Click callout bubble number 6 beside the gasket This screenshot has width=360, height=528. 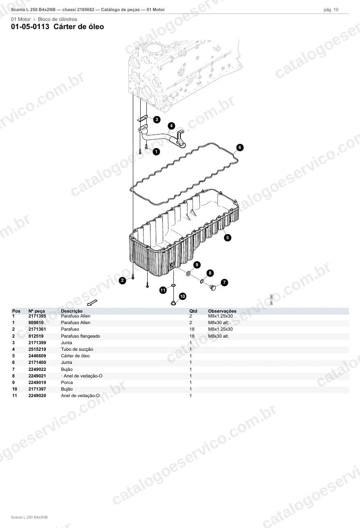pyautogui.click(x=240, y=147)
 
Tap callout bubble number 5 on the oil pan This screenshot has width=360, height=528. pyautogui.click(x=227, y=238)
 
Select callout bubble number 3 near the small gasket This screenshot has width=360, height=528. pyautogui.click(x=157, y=119)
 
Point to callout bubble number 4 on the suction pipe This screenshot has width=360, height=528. pyautogui.click(x=171, y=126)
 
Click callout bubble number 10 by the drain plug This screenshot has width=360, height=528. pyautogui.click(x=182, y=296)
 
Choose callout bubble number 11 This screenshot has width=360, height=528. pyautogui.click(x=163, y=290)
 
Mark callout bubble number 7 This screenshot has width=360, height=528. pyautogui.click(x=224, y=282)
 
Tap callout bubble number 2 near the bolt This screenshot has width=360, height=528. pyautogui.click(x=122, y=280)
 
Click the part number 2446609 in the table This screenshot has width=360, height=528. pyautogui.click(x=37, y=356)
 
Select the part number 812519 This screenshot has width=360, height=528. pyautogui.click(x=36, y=336)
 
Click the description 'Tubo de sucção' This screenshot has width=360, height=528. pyautogui.click(x=77, y=349)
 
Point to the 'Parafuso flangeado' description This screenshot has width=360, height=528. pyautogui.click(x=80, y=336)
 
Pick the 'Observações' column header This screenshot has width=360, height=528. pyautogui.click(x=222, y=311)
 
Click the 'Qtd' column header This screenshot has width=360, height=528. pyautogui.click(x=193, y=311)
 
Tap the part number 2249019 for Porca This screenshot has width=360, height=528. pyautogui.click(x=37, y=383)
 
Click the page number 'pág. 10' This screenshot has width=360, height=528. pyautogui.click(x=331, y=10)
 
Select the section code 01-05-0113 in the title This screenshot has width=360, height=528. pyautogui.click(x=30, y=27)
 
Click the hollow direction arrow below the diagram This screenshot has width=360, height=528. pyautogui.click(x=92, y=302)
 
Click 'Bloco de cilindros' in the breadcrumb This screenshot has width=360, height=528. pyautogui.click(x=57, y=19)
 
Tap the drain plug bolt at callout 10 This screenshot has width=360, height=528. pyautogui.click(x=173, y=303)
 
